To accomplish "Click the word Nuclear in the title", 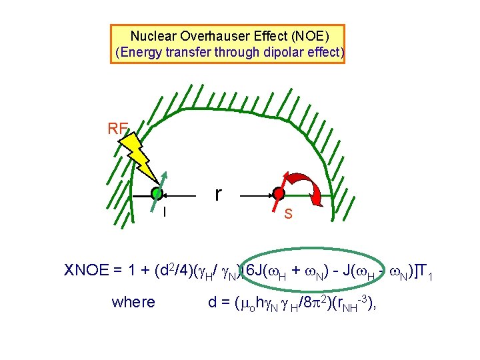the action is (x=150, y=37).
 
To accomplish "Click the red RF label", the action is (x=118, y=129).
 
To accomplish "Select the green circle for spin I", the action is (x=157, y=194).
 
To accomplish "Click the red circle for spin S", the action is (x=279, y=195).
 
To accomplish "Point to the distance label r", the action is (x=217, y=193).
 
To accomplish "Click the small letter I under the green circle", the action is (x=165, y=212).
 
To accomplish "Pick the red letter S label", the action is (x=288, y=214).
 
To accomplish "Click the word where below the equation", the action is (x=133, y=303).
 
